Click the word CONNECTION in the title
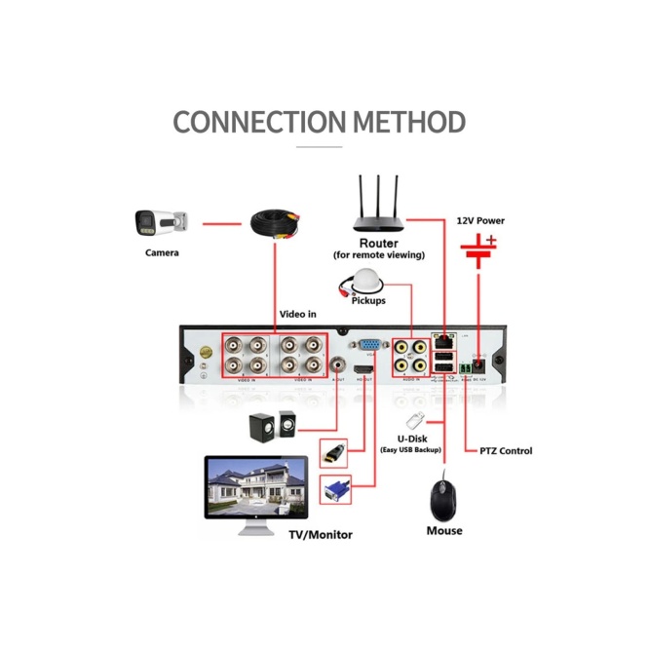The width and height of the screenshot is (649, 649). [x=259, y=123]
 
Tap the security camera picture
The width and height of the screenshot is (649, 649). [x=161, y=223]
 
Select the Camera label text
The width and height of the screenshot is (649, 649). [x=162, y=253]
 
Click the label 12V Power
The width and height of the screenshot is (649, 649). [x=480, y=220]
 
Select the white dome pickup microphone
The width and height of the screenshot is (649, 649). [x=366, y=281]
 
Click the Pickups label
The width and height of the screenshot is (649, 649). [x=368, y=300]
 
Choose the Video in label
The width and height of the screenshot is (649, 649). [x=298, y=314]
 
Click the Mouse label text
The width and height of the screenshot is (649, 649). [x=443, y=531]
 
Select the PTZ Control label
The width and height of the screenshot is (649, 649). [x=506, y=451]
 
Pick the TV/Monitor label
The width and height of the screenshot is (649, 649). [x=320, y=534]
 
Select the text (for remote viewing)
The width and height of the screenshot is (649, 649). [x=379, y=255]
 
